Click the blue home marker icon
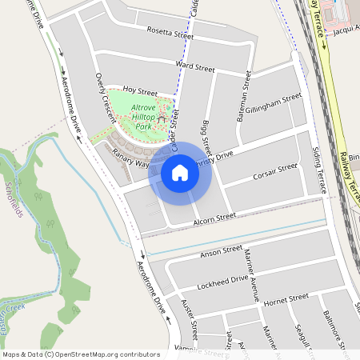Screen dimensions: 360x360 point(180,172)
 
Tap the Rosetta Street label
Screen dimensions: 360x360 point(170,34)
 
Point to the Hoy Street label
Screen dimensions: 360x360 point(141,93)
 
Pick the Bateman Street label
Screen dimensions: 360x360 point(243,99)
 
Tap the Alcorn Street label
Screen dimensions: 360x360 point(214,216)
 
